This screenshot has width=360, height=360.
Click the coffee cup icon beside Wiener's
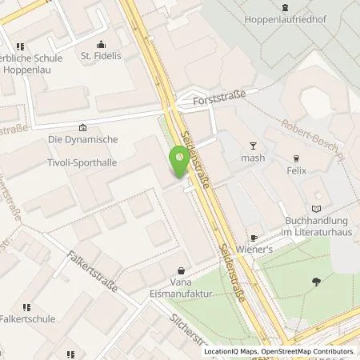click(253, 238)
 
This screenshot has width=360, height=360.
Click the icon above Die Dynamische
click(83, 126)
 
